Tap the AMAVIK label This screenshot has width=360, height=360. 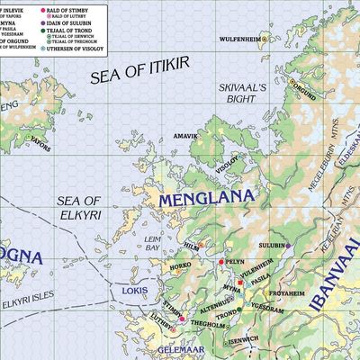(x=184, y=136)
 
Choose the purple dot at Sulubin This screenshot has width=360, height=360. (x=288, y=245)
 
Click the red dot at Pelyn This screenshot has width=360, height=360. (x=221, y=261)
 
